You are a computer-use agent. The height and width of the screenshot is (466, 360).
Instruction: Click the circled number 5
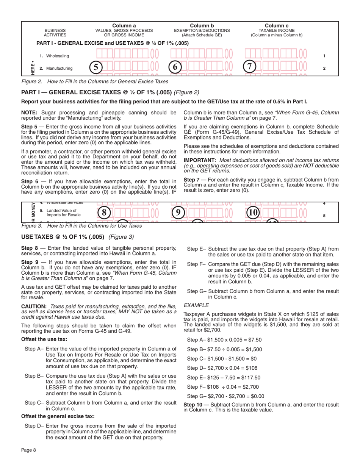point(96,67)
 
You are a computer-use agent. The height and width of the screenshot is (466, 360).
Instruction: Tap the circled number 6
point(175,67)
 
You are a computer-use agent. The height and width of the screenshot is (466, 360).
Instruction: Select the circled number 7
point(249,67)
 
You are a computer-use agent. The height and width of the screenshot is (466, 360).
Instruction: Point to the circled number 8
point(104,213)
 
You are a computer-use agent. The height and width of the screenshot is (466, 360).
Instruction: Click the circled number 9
point(178,213)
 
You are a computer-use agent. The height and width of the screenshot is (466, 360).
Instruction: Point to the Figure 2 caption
point(95,81)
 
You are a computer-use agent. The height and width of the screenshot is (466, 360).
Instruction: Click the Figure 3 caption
point(81,226)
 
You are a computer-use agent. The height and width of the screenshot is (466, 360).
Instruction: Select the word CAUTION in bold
point(34,306)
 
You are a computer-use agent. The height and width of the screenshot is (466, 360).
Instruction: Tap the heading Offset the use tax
point(44,339)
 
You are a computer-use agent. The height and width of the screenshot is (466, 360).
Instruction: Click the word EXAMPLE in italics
point(196,305)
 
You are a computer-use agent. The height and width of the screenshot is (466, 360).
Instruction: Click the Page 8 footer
point(28,450)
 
